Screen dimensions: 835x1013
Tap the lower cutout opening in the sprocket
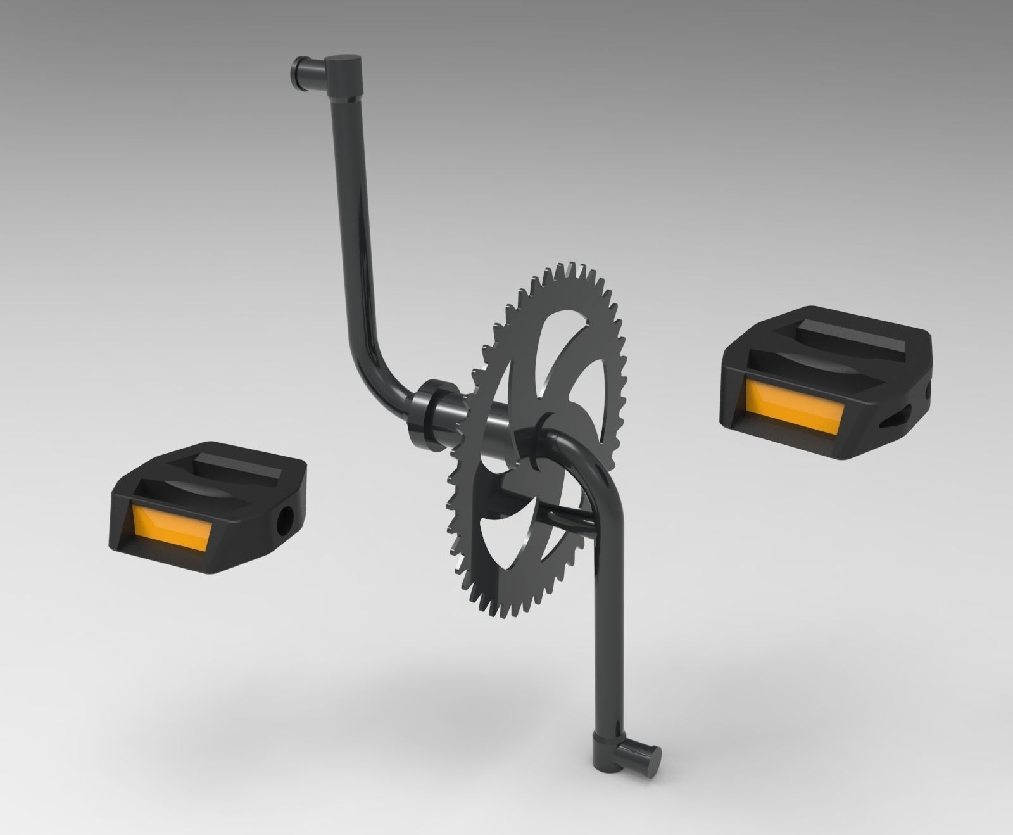pyautogui.click(x=500, y=545)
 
